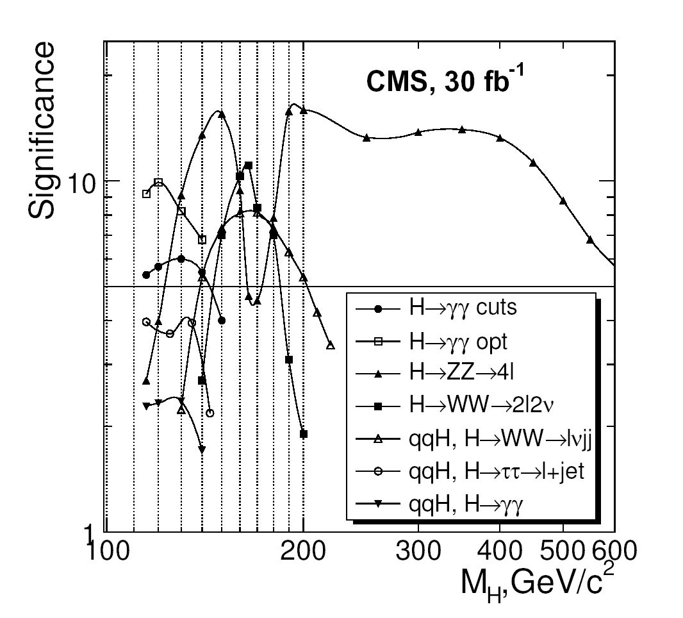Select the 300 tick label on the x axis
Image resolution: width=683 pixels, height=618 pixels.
click(418, 550)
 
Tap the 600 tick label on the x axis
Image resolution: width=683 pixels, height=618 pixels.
click(614, 550)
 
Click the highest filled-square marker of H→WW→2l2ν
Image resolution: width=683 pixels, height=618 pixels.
click(249, 165)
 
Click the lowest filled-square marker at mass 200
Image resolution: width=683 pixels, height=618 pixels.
click(304, 434)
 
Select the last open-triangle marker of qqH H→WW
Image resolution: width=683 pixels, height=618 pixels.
click(331, 345)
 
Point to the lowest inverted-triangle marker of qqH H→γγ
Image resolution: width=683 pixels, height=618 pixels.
click(202, 450)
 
